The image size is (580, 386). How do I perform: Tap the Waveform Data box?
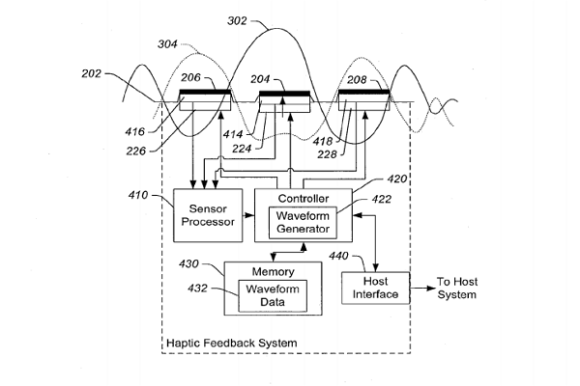coord(272,295)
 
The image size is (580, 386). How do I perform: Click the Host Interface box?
coord(375,288)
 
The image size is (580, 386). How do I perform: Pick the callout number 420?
coord(397,179)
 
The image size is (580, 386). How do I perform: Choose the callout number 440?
coord(339,256)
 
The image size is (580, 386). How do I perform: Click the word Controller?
coord(302,198)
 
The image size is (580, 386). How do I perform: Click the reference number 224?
coord(242,150)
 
